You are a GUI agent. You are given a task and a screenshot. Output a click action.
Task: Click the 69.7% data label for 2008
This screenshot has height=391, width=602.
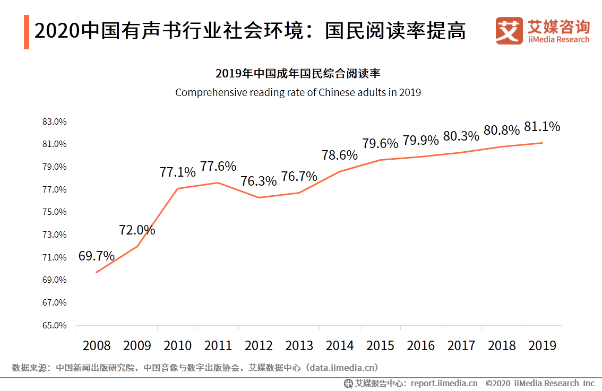click(x=97, y=256)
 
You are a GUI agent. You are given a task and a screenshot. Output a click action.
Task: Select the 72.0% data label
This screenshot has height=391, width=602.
click(x=137, y=230)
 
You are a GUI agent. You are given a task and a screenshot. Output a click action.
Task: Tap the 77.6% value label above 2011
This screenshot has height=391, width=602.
click(x=218, y=167)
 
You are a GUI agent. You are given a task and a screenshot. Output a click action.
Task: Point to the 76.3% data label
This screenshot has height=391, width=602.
click(x=259, y=181)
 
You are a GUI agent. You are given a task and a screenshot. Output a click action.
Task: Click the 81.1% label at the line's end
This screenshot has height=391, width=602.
click(x=542, y=127)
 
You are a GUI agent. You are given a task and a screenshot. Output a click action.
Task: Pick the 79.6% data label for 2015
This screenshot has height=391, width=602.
click(x=380, y=144)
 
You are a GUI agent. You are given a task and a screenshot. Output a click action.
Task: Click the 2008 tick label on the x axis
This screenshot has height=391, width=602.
click(x=97, y=346)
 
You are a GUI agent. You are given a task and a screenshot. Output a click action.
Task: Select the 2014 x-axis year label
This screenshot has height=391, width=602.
click(x=340, y=346)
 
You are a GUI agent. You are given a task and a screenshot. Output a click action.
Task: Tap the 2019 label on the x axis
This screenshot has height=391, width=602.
click(x=542, y=346)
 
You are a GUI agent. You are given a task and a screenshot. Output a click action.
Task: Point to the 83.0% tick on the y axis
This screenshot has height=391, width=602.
click(x=54, y=121)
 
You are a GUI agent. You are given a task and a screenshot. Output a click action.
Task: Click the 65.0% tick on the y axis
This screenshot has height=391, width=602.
click(x=54, y=325)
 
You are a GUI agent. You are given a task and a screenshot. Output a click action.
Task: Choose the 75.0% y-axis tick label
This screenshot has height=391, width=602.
click(x=54, y=212)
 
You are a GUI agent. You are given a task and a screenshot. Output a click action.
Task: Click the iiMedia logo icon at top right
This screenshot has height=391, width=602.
click(x=509, y=31)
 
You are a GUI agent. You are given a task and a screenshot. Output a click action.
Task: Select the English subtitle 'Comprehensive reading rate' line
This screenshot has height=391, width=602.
click(x=298, y=92)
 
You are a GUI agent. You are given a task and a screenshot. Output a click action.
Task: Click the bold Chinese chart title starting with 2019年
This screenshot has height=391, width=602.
click(x=298, y=73)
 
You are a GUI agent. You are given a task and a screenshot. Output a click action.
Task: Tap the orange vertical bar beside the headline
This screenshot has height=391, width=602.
click(x=27, y=32)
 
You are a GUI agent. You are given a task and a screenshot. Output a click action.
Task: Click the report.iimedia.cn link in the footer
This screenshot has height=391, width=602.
click(x=444, y=383)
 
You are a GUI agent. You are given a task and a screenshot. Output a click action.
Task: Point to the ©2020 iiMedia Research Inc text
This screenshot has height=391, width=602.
click(x=540, y=383)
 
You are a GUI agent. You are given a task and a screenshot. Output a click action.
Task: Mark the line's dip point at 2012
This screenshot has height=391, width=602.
click(x=259, y=197)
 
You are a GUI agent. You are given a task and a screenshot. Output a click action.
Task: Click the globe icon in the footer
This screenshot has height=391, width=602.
click(x=348, y=383)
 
